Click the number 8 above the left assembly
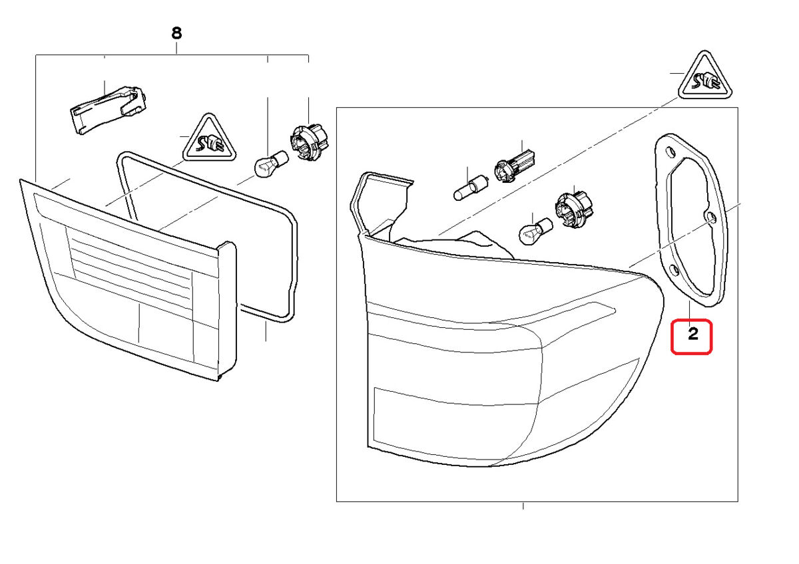coord(176,32)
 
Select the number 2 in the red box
coord(692,335)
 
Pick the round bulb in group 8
coord(272,164)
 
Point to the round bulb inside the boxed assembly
coord(535,230)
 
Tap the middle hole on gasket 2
coord(710,217)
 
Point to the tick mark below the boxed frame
coord(523,506)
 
